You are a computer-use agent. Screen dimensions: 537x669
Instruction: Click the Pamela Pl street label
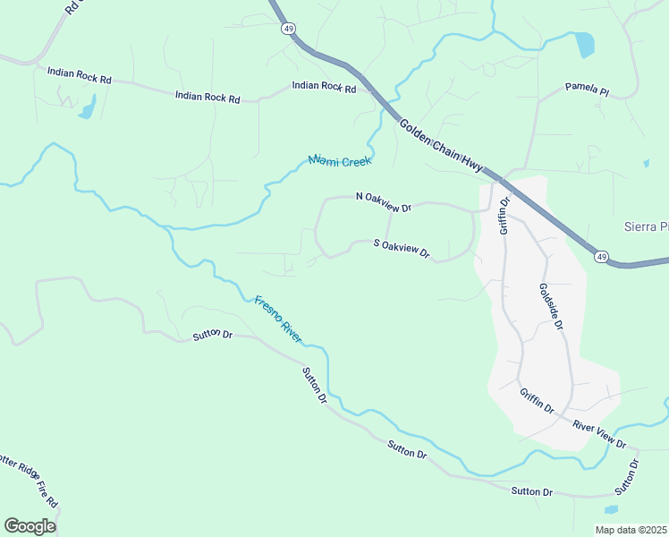pos(587,89)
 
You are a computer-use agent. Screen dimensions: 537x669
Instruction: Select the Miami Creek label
pos(340,161)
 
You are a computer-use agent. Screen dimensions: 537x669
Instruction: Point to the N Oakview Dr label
pos(383,201)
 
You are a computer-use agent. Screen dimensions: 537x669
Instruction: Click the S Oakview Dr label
pos(402,248)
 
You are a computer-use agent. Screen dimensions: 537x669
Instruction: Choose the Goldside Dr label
pos(550,307)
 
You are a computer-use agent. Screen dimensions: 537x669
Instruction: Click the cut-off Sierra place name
pos(645,227)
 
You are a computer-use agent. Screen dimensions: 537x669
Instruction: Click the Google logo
pos(30,525)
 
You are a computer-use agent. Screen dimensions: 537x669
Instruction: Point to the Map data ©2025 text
pos(630,530)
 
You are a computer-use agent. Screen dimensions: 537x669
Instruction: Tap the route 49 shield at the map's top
pos(287,29)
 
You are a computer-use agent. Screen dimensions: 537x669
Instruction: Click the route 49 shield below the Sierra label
pos(601,258)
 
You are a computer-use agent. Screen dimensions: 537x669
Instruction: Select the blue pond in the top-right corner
pos(585,44)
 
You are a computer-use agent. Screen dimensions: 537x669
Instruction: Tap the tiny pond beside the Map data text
pos(611,510)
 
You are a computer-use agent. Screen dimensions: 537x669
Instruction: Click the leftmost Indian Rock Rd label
pos(79,76)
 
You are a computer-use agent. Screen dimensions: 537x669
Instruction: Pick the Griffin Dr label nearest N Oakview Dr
pos(504,216)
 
